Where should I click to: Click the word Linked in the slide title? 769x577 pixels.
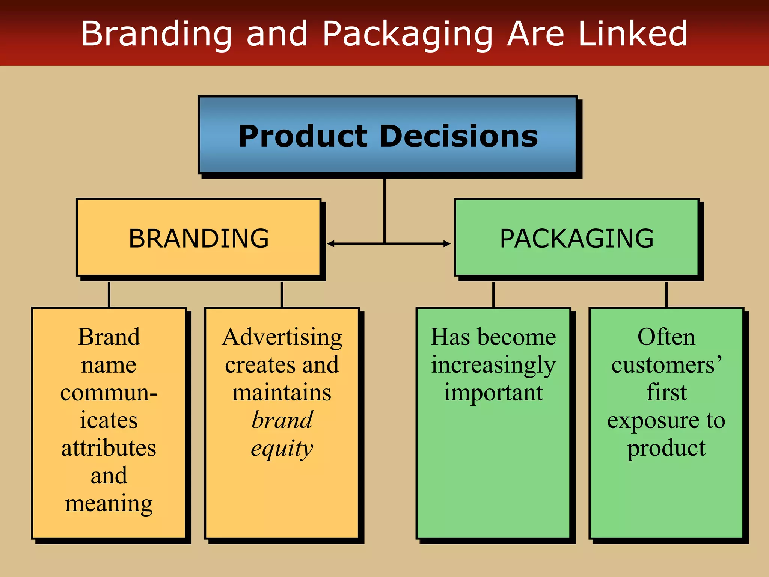pos(633,34)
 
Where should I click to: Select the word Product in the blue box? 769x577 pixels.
pos(303,136)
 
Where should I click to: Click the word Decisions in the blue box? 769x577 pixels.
pos(459,136)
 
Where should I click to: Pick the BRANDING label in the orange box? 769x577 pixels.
pos(199,239)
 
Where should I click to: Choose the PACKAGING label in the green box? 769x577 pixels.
pos(577,239)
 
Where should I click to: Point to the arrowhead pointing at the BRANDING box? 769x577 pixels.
pos(330,244)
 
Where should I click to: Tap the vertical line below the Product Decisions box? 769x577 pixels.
pos(384,210)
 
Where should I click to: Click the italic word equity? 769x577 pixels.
pos(282,449)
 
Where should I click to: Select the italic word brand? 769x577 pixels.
pos(282,420)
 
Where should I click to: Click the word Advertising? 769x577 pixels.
pos(282,337)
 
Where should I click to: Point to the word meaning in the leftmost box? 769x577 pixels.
pos(109,504)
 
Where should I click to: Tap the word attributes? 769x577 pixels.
pos(109,448)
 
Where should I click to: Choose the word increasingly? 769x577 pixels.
pos(493,365)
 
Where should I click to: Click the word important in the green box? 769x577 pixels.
pos(493,393)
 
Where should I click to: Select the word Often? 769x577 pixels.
pos(666,337)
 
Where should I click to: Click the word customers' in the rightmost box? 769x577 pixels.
pos(666,365)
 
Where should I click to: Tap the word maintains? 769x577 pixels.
pos(282,393)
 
